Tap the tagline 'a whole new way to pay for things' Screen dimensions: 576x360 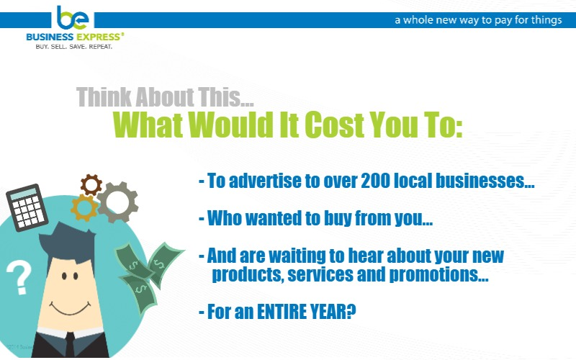click(x=478, y=20)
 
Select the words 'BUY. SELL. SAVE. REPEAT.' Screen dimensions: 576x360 click(x=74, y=47)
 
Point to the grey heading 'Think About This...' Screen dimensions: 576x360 click(x=165, y=96)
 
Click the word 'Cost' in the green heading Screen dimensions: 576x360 click(x=334, y=125)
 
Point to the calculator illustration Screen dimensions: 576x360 click(x=27, y=207)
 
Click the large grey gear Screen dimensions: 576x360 click(x=117, y=202)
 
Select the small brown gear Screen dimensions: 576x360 click(x=91, y=185)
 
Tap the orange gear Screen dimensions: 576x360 click(x=84, y=207)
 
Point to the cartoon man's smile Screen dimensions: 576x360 click(x=70, y=309)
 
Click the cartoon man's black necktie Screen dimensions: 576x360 click(x=70, y=345)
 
